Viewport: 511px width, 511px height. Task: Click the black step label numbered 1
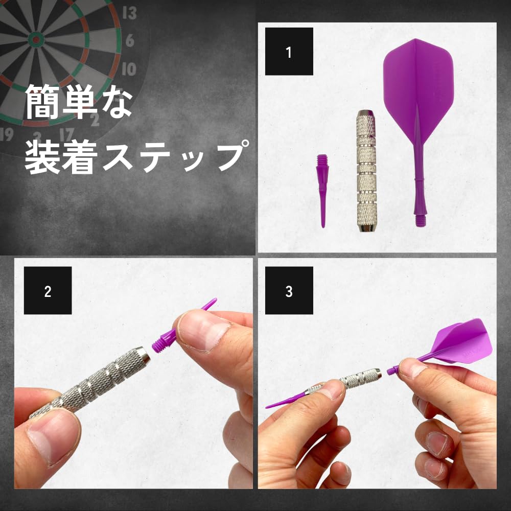pyautogui.click(x=289, y=52)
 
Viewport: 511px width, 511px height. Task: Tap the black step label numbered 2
pyautogui.click(x=48, y=291)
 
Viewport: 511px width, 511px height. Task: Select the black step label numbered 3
pyautogui.click(x=289, y=291)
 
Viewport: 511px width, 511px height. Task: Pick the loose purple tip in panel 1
pyautogui.click(x=322, y=189)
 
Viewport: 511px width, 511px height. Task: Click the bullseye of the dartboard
pyautogui.click(x=35, y=38)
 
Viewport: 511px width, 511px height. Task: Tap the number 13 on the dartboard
pyautogui.click(x=130, y=13)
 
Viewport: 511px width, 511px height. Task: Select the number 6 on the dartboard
pyautogui.click(x=129, y=40)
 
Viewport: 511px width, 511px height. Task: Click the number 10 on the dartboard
pyautogui.click(x=129, y=68)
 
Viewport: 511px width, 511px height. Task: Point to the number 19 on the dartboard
pyautogui.click(x=7, y=134)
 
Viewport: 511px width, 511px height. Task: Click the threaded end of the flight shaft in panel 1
pyautogui.click(x=422, y=219)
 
